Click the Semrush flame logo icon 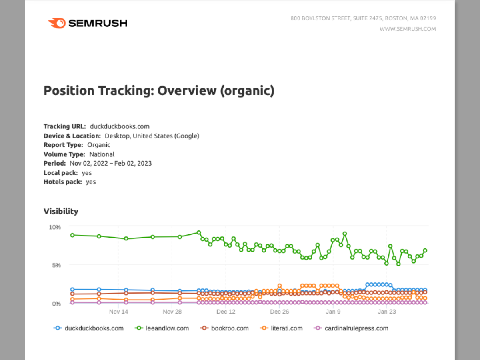tap(56, 23)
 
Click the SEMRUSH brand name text tap(98, 23)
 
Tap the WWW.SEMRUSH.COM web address tap(408, 29)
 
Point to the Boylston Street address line tap(363, 18)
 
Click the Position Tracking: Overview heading tap(159, 91)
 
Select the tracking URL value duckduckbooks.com tap(119, 126)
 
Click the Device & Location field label tap(72, 136)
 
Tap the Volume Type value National tap(102, 154)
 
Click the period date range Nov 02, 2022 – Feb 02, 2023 tap(111, 163)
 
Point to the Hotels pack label tap(63, 182)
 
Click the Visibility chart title tap(61, 211)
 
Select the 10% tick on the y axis tap(55, 227)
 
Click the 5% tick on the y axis tap(56, 265)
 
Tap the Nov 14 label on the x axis tap(118, 312)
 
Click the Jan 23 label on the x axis tap(387, 312)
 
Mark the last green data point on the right tap(425, 250)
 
